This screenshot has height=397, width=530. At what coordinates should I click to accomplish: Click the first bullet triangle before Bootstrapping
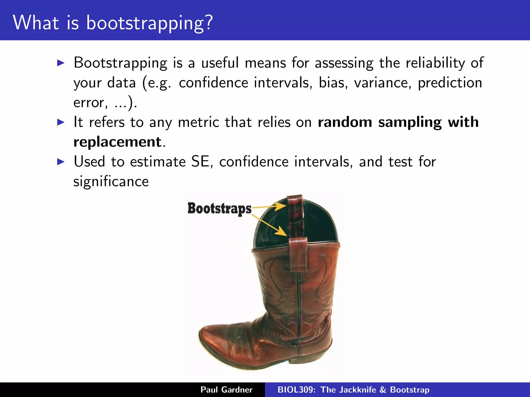[x=60, y=63]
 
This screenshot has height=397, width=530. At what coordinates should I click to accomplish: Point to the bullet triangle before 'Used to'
[x=60, y=162]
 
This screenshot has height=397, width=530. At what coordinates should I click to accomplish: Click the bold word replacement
[x=117, y=142]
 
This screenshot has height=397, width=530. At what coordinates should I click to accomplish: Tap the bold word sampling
[x=410, y=122]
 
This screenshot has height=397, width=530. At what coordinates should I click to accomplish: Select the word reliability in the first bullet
[x=435, y=63]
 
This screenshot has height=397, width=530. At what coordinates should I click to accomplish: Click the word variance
[x=382, y=83]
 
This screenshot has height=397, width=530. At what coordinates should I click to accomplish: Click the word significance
[x=111, y=181]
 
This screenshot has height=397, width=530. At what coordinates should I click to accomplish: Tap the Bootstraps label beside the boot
[x=219, y=209]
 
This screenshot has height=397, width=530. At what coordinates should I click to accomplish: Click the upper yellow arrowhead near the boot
[x=281, y=206]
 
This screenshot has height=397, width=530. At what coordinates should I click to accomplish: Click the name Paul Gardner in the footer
[x=226, y=390]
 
